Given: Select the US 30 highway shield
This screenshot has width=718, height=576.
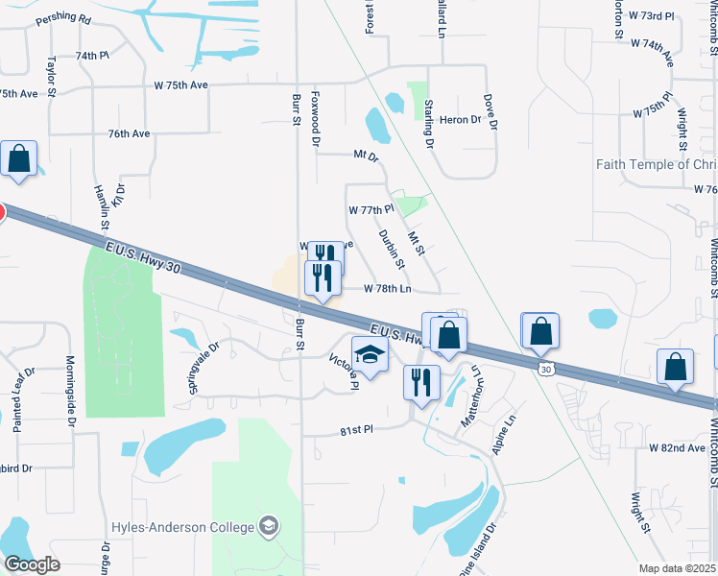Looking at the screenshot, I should tap(546, 369).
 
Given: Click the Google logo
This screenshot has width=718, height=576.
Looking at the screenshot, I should tap(33, 564).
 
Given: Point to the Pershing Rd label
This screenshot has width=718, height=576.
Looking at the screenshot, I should tap(63, 19).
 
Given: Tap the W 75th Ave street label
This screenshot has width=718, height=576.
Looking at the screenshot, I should tap(180, 84).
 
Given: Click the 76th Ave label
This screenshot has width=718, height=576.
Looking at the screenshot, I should tap(130, 134).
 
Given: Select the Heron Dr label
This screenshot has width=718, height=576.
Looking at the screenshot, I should tap(460, 119).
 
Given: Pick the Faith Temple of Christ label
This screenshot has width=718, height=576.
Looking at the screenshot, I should tap(657, 164).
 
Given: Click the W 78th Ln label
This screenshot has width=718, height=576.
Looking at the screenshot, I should tap(388, 288).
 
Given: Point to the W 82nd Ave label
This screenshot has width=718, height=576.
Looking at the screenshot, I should tap(677, 448).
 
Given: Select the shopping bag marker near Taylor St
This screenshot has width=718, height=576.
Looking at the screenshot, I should tap(19, 160).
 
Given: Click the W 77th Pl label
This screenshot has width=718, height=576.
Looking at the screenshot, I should tap(371, 208).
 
